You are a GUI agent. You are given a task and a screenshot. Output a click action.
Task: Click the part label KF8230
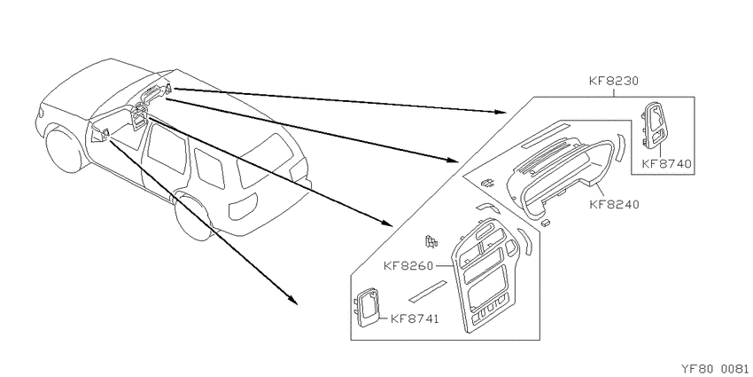pyautogui.click(x=613, y=82)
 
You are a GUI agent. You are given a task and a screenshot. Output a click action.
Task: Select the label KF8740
pyautogui.click(x=666, y=163)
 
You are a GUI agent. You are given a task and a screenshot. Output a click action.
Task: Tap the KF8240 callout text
pyautogui.click(x=614, y=204)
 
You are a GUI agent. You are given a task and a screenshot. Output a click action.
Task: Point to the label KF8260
pyautogui.click(x=408, y=266)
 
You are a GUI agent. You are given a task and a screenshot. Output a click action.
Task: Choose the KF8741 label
pyautogui.click(x=415, y=318)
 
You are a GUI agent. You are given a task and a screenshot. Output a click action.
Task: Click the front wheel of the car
pyautogui.click(x=65, y=148)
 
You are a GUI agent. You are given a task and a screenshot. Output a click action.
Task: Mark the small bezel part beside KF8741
pyautogui.click(x=367, y=307)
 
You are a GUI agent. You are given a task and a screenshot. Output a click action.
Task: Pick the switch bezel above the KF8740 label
pyautogui.click(x=654, y=123)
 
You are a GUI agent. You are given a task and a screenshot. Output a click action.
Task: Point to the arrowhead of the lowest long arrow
pyautogui.click(x=292, y=300)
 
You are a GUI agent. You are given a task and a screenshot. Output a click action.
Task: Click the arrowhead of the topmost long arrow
pyautogui.click(x=500, y=112)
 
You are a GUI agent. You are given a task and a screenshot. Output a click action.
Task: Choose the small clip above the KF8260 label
pyautogui.click(x=431, y=240)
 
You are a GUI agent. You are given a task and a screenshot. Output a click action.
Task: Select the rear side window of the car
pyautogui.click(x=209, y=169)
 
